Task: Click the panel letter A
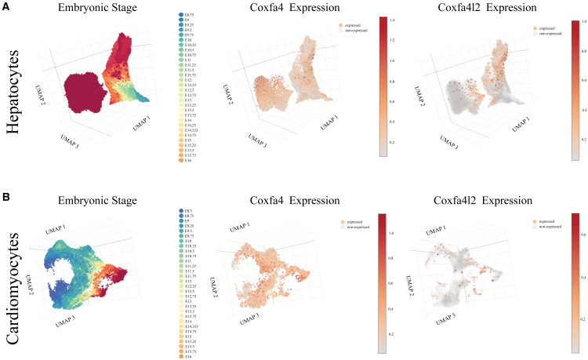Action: coord(5,6)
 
